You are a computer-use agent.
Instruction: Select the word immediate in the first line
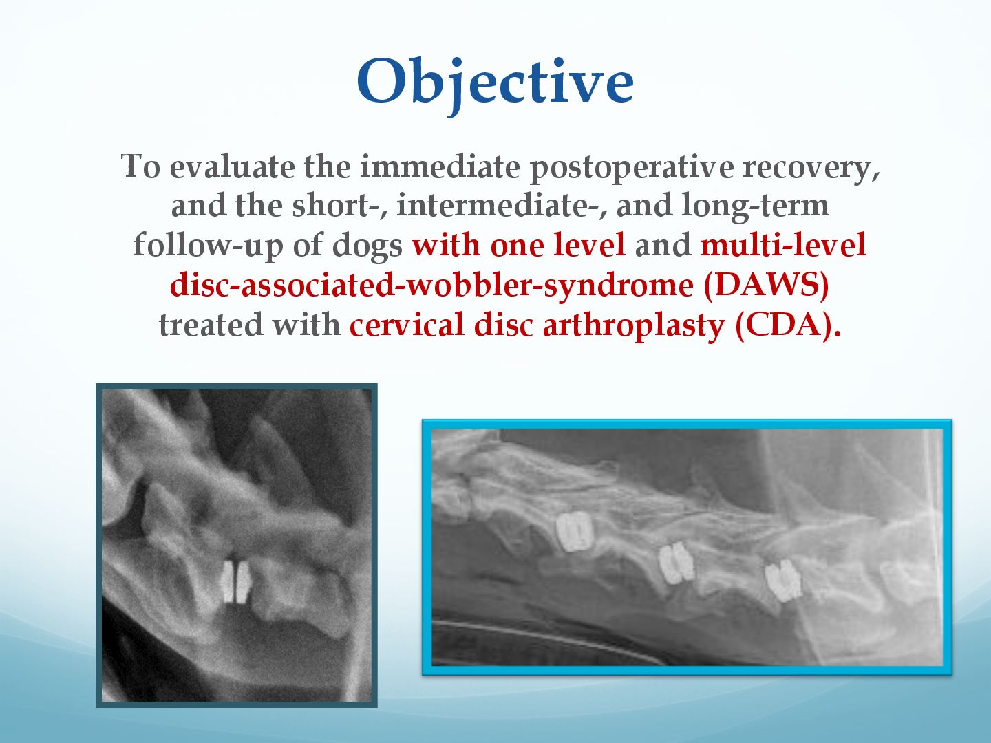pyautogui.click(x=440, y=166)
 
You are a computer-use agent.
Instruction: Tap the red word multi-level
pyautogui.click(x=783, y=244)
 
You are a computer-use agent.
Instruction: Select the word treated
pyautogui.click(x=211, y=325)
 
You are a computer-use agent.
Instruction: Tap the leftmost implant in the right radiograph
pyautogui.click(x=574, y=532)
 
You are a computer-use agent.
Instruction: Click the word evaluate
pyautogui.click(x=232, y=166)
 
